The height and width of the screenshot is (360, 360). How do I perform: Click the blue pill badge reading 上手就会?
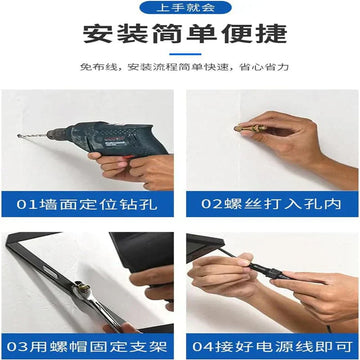pyautogui.click(x=185, y=7)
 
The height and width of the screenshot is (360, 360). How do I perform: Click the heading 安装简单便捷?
pyautogui.click(x=185, y=33)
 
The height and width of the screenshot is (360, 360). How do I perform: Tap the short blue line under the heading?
pyautogui.click(x=185, y=54)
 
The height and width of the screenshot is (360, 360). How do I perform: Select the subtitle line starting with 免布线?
pyautogui.click(x=184, y=67)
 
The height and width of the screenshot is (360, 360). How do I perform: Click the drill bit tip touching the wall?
pyautogui.click(x=18, y=136)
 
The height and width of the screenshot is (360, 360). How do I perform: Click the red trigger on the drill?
pyautogui.click(x=124, y=159)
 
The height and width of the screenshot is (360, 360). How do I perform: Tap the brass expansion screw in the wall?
pyautogui.click(x=249, y=128)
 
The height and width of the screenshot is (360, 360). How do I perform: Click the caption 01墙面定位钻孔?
pyautogui.click(x=87, y=204)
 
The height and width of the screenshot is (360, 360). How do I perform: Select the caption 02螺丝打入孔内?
pyautogui.click(x=271, y=204)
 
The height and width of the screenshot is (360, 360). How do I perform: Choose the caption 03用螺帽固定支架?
pyautogui.click(x=87, y=346)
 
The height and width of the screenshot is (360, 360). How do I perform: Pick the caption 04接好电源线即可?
pyautogui.click(x=272, y=346)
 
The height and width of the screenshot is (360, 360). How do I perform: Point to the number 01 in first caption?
pyautogui.click(x=27, y=204)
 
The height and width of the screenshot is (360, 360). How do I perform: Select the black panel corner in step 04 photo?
pyautogui.click(x=204, y=247)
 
